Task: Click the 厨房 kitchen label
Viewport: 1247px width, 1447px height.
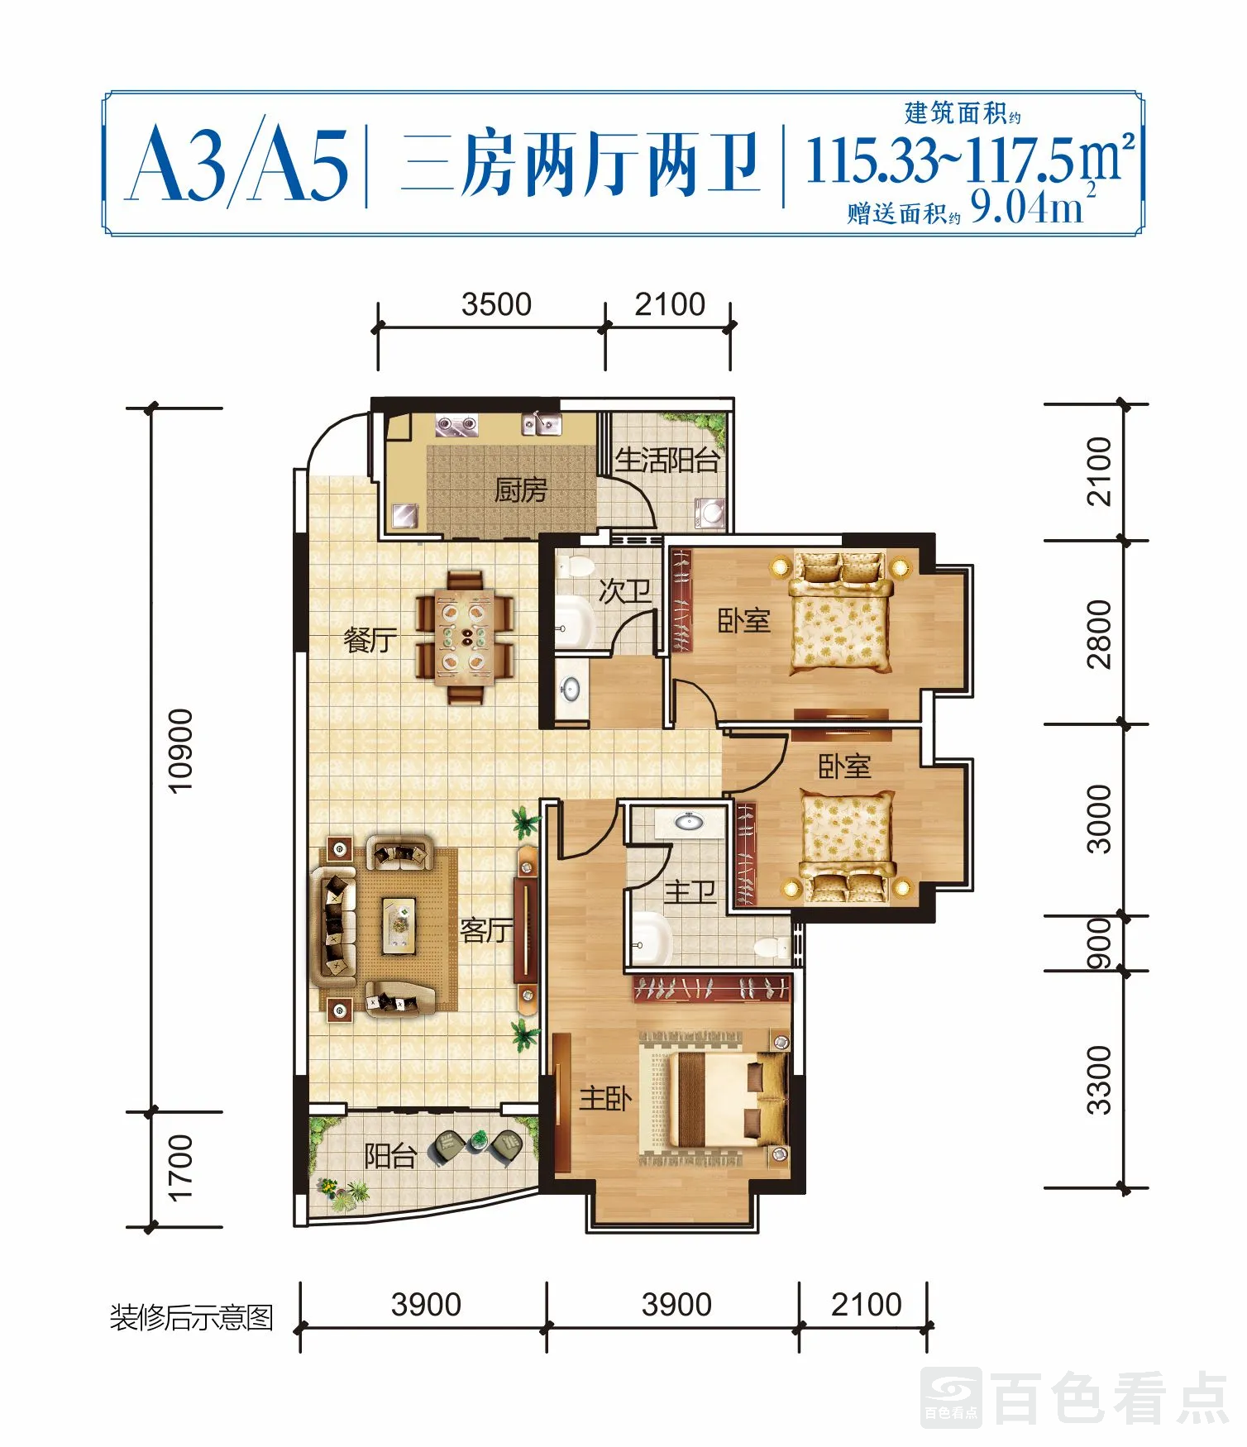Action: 520,490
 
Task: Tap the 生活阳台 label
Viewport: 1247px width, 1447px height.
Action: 667,460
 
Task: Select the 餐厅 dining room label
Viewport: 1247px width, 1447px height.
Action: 370,639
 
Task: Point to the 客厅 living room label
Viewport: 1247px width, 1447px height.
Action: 486,930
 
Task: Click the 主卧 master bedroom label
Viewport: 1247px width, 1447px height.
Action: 605,1098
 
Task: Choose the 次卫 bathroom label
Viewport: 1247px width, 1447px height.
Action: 624,590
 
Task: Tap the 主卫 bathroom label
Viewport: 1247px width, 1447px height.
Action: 690,891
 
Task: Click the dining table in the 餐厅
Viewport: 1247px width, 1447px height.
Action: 465,636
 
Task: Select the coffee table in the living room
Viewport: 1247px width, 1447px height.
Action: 399,924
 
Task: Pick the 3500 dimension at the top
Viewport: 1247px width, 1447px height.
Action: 496,304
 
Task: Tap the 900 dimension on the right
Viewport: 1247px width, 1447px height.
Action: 1098,943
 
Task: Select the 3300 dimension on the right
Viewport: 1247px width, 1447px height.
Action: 1098,1080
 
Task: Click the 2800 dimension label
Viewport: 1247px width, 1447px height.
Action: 1098,634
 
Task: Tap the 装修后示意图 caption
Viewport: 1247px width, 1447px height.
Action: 192,1316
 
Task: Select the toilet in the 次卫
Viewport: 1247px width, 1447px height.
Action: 576,567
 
